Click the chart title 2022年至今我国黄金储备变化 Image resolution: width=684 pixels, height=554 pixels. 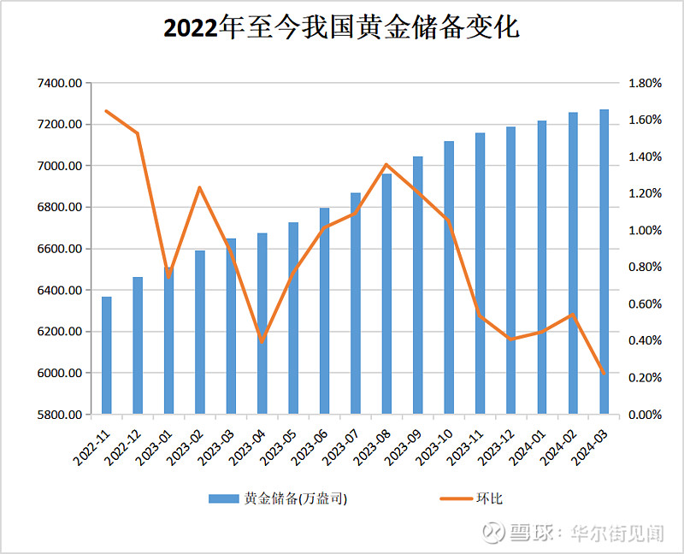pyautogui.click(x=341, y=28)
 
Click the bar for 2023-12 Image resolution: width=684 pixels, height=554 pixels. pyautogui.click(x=510, y=270)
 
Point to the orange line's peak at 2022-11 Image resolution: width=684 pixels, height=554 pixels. pyautogui.click(x=107, y=111)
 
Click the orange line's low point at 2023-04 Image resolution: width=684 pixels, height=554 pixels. pyautogui.click(x=262, y=341)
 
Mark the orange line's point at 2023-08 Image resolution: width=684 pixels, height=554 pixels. pyautogui.click(x=386, y=165)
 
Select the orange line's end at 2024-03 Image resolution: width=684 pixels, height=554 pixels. pyautogui.click(x=604, y=374)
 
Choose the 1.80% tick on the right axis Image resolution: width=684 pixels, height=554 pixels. pyautogui.click(x=646, y=83)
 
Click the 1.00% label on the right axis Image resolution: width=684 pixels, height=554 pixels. pyautogui.click(x=646, y=231)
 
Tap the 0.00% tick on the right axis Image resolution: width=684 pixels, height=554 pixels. pyautogui.click(x=646, y=415)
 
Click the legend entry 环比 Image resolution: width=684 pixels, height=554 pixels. pyautogui.click(x=489, y=498)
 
